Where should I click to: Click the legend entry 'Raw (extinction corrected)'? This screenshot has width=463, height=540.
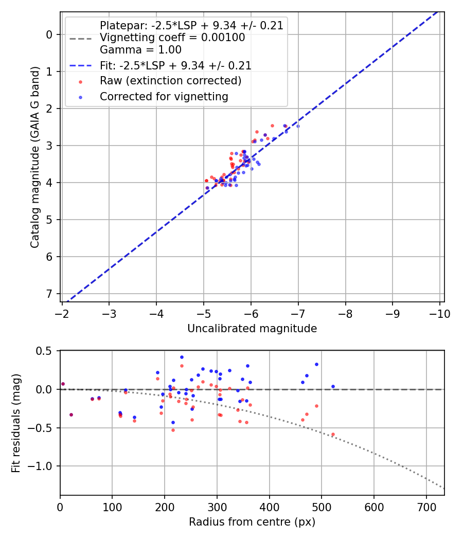click(x=170, y=81)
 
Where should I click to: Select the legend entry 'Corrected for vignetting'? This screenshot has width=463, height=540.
click(x=164, y=96)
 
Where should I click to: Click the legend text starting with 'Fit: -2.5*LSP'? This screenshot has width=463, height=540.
click(x=175, y=65)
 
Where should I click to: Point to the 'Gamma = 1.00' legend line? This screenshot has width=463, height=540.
click(x=140, y=50)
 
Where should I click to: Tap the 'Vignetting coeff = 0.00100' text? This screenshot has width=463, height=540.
click(x=172, y=38)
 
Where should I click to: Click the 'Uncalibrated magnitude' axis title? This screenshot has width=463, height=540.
click(x=252, y=328)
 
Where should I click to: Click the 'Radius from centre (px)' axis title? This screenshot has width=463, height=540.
click(x=252, y=522)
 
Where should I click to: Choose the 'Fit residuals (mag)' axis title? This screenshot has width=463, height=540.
click(x=16, y=423)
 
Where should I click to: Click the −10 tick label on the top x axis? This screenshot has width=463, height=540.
click(x=440, y=313)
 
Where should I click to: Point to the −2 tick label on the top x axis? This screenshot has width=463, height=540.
click(x=62, y=313)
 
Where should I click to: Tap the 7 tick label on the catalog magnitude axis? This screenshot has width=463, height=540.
click(x=49, y=294)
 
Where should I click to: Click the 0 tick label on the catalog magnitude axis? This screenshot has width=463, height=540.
click(x=49, y=34)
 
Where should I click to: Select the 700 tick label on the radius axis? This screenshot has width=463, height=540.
click(x=426, y=506)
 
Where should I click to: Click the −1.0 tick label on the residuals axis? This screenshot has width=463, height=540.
click(x=41, y=466)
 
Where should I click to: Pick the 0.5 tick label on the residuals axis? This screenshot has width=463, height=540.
click(x=44, y=351)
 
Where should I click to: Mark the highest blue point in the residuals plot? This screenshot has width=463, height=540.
click(x=182, y=357)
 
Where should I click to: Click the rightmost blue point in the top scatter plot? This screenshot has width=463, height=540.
click(x=298, y=126)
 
